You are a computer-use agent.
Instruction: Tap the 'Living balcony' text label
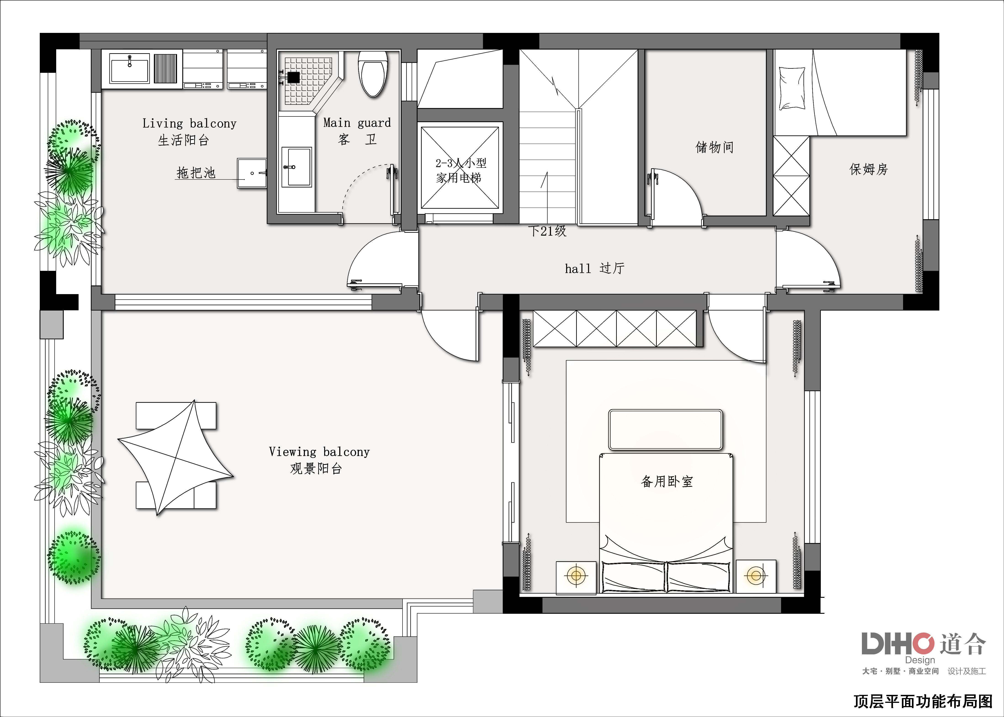point(190,124)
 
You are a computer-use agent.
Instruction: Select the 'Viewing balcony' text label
point(319,452)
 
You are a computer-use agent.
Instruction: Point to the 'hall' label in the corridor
point(578,269)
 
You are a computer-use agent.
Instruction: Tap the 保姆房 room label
point(868,169)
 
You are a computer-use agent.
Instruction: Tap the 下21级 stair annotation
point(547,231)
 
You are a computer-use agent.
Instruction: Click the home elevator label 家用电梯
point(458,178)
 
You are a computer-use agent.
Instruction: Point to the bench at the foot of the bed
point(666,430)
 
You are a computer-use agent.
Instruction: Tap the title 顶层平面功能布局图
point(923,701)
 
